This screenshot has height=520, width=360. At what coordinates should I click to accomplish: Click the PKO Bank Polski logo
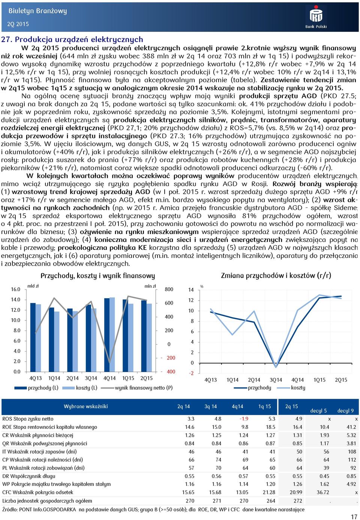pyautogui.click(x=316, y=17)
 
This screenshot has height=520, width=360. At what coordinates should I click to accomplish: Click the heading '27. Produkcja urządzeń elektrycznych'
pyautogui.click(x=72, y=39)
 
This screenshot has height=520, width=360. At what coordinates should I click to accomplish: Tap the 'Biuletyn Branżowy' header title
pyautogui.click(x=37, y=11)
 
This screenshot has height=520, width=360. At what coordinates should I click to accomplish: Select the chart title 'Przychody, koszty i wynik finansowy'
pyautogui.click(x=97, y=276)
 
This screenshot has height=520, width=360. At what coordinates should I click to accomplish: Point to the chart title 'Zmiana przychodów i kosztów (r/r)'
pyautogui.click(x=276, y=275)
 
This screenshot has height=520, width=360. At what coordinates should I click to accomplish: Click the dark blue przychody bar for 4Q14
pyautogui.click(x=107, y=335)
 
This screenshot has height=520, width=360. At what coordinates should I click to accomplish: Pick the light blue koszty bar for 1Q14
pyautogui.click(x=57, y=341)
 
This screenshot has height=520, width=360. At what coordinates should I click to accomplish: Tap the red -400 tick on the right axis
pyautogui.click(x=171, y=372)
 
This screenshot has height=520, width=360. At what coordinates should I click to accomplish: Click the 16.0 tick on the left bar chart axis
pyautogui.click(x=15, y=289)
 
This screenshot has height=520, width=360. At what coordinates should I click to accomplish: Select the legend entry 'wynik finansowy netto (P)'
pyautogui.click(x=144, y=388)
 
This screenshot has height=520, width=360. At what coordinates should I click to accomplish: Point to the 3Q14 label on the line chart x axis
pyautogui.click(x=276, y=380)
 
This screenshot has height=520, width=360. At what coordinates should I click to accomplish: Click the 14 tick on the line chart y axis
pyautogui.click(x=190, y=290)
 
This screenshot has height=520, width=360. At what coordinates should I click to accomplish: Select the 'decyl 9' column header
pyautogui.click(x=345, y=411)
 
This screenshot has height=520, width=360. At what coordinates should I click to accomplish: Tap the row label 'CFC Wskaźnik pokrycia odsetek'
pyautogui.click(x=38, y=493)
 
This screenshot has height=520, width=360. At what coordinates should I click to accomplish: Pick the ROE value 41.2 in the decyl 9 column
pyautogui.click(x=351, y=427)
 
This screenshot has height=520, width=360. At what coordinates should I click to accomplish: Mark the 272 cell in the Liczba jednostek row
pyautogui.click(x=298, y=501)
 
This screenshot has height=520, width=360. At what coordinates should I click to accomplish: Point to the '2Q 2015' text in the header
pyautogui.click(x=18, y=24)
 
